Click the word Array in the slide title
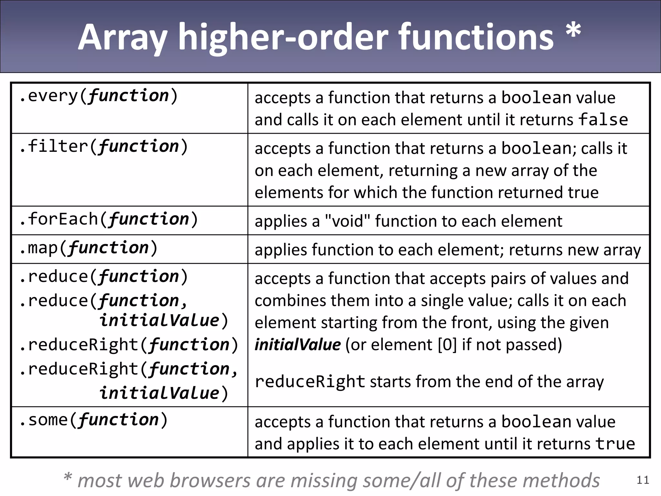tap(122, 38)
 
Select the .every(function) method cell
tap(98, 96)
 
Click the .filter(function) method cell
tap(104, 146)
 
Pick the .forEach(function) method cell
tap(108, 219)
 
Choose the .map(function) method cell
tap(88, 248)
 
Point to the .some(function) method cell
tap(94, 420)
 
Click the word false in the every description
tap(603, 119)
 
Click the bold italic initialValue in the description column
tap(298, 345)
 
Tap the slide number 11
tap(643, 480)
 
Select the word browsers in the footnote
tap(210, 480)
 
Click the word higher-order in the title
tap(283, 38)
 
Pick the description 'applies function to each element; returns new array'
tap(448, 250)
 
